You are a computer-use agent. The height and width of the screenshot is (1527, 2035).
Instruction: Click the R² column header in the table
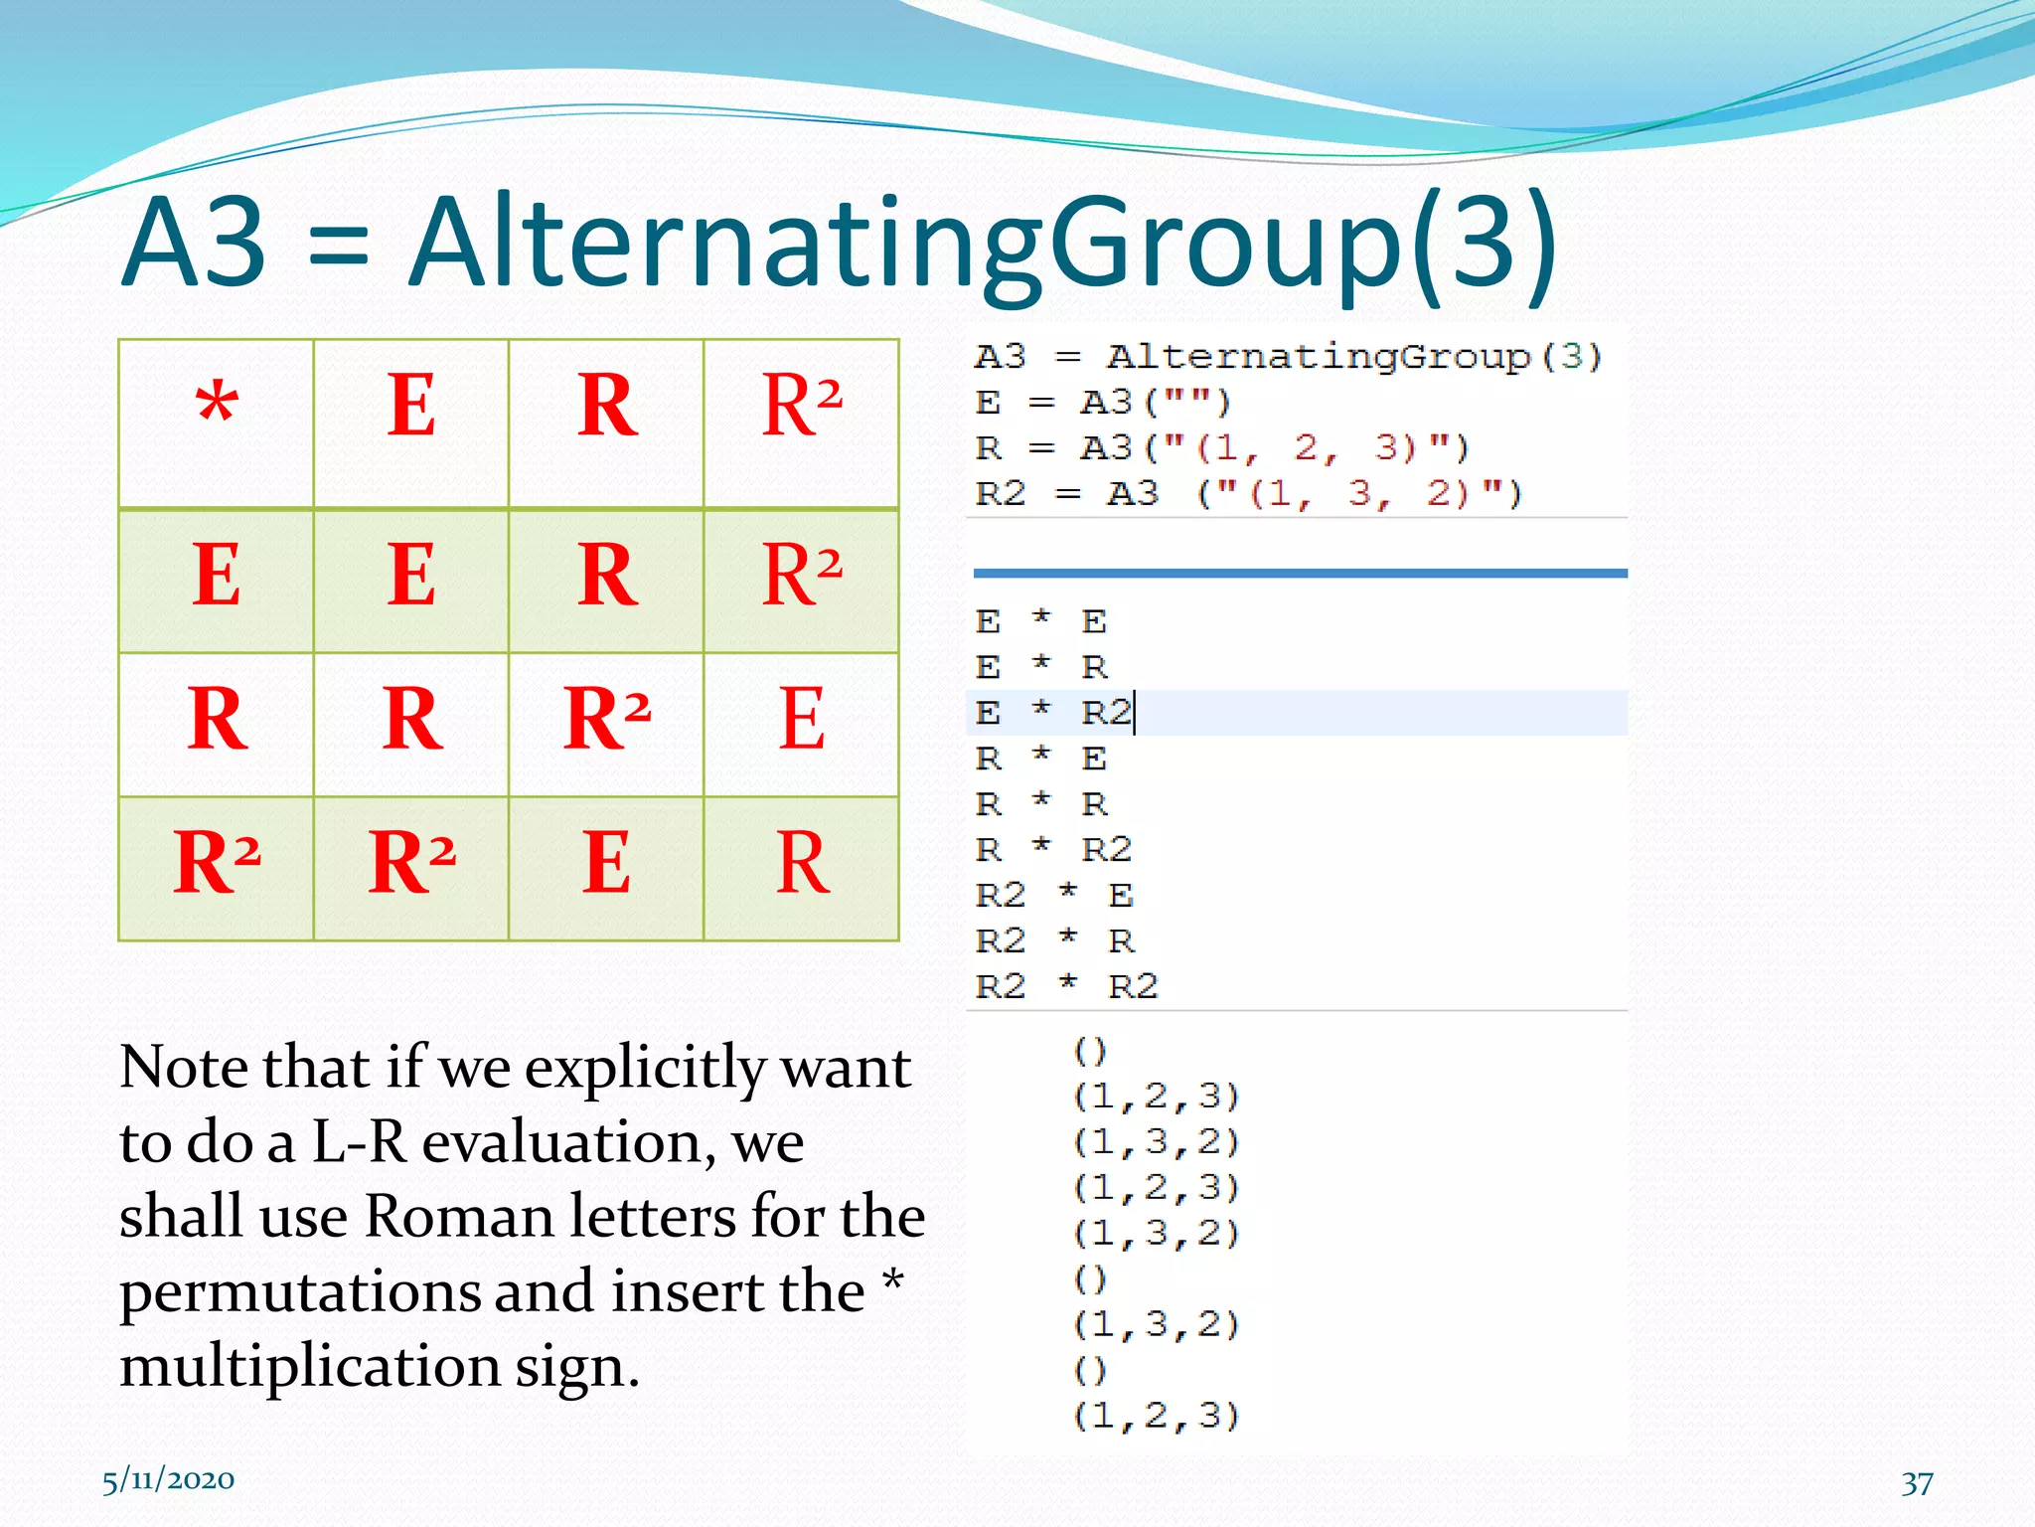pyautogui.click(x=802, y=406)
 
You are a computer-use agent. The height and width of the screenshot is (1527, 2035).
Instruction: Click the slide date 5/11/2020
pyautogui.click(x=168, y=1480)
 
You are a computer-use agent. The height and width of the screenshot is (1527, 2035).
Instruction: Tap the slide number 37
pyautogui.click(x=1917, y=1483)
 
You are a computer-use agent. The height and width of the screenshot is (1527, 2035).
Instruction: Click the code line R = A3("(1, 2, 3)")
pyautogui.click(x=1221, y=448)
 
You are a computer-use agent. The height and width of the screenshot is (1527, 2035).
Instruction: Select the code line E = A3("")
pyautogui.click(x=1103, y=403)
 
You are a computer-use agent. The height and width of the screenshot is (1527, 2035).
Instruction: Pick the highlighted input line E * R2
pyautogui.click(x=1053, y=713)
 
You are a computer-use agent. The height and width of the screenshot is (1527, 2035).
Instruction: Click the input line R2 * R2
pyautogui.click(x=1066, y=986)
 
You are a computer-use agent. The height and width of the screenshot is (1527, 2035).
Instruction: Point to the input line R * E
pyautogui.click(x=1040, y=759)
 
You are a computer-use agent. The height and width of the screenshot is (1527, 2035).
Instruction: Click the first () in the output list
pyautogui.click(x=1090, y=1050)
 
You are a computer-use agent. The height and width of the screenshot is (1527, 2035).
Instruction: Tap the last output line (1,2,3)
pyautogui.click(x=1157, y=1415)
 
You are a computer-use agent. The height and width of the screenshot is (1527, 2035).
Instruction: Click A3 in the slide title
pyautogui.click(x=195, y=244)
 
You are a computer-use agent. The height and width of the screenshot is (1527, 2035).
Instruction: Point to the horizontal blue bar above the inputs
pyautogui.click(x=1300, y=574)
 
